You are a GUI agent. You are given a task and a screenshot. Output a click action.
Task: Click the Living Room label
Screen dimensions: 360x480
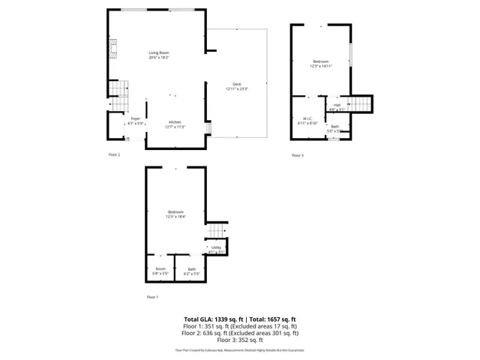click(x=158, y=52)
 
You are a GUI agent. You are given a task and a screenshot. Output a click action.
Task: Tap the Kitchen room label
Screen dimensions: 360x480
click(x=174, y=122)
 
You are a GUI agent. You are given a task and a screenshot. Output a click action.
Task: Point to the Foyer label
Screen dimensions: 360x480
click(x=135, y=118)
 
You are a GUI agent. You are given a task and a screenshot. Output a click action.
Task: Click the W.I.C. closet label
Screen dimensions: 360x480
click(x=307, y=118)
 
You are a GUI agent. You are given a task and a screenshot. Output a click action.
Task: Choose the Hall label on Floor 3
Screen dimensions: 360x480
click(x=337, y=105)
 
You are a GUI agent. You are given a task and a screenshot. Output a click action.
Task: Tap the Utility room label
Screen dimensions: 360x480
click(x=216, y=247)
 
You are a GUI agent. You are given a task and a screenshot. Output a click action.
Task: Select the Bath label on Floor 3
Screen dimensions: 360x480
click(x=334, y=127)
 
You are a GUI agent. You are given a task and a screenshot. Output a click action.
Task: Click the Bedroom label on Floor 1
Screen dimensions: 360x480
click(x=175, y=212)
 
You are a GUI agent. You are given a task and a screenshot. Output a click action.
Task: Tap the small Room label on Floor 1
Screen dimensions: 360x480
click(x=160, y=269)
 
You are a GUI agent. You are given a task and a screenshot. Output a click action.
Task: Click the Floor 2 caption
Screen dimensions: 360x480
click(x=114, y=154)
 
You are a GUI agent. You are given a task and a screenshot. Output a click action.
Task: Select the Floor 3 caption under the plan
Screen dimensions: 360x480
click(x=298, y=155)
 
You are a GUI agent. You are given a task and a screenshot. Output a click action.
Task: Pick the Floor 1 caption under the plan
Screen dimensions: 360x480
click(x=153, y=297)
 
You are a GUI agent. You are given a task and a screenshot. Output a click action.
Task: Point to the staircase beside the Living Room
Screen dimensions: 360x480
click(x=115, y=91)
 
